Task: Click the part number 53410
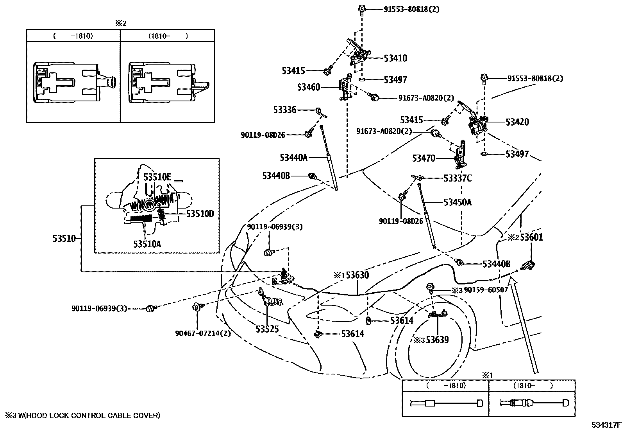(395, 58)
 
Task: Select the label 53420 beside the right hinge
(517, 122)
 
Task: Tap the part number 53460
(308, 87)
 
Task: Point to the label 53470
(424, 158)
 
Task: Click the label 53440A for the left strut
(293, 158)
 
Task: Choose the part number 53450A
(458, 202)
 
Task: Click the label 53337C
(458, 178)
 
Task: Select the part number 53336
(285, 110)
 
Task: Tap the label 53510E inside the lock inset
(157, 177)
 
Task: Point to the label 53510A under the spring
(147, 244)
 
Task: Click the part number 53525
(267, 329)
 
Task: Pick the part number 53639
(437, 340)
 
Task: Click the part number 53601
(531, 237)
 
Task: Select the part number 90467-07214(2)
(202, 333)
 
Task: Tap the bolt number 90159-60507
(486, 290)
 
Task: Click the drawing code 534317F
(606, 425)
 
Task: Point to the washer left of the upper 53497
(362, 79)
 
